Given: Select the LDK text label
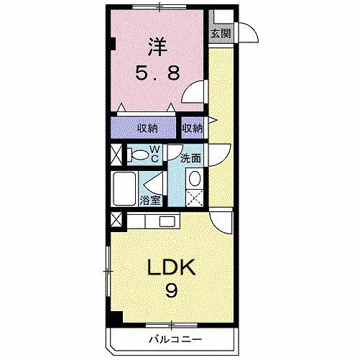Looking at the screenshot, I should [x=171, y=267].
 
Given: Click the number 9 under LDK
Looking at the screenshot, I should [x=172, y=291].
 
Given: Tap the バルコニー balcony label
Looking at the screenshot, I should [x=175, y=338].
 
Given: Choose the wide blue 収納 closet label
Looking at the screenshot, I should [x=147, y=128].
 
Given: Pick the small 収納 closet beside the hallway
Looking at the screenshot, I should [x=192, y=128].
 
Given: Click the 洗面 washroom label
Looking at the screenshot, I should [x=190, y=158].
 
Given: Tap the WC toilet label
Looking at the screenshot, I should [x=154, y=153].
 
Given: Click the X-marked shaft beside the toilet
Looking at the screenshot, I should [x=116, y=154].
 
